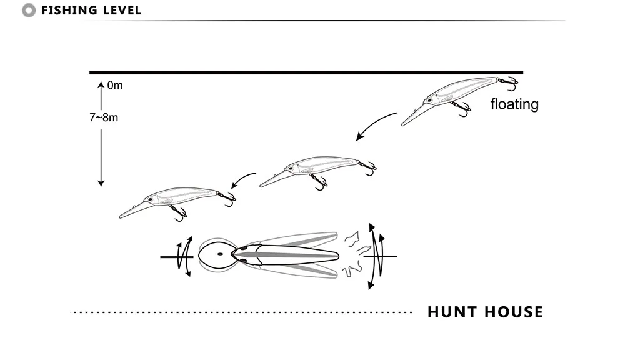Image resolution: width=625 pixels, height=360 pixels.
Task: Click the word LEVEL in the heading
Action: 122,11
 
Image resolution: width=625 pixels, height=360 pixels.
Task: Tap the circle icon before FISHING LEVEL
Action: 28,11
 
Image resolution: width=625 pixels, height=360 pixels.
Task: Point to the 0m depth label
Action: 115,86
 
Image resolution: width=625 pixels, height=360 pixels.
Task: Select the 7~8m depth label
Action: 103,117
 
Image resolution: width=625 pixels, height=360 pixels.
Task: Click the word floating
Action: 514,104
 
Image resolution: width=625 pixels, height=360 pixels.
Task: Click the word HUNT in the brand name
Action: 453,312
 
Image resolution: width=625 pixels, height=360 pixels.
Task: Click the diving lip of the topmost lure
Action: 409,116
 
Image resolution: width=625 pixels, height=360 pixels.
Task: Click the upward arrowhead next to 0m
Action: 101,83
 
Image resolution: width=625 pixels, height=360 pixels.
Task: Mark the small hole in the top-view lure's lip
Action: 221,254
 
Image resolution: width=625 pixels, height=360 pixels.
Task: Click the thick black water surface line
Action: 306,72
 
